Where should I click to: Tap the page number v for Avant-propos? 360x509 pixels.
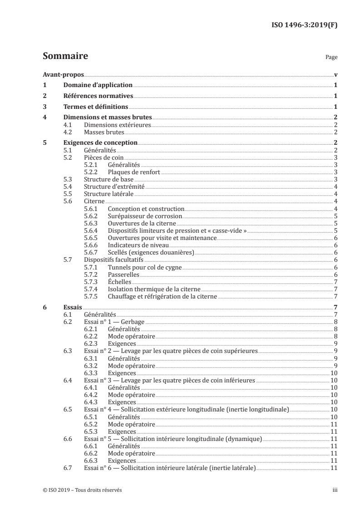[335, 75]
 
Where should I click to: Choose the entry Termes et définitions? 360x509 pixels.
[96, 107]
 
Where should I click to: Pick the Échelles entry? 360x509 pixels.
[120, 282]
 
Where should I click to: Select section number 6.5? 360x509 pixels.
[68, 409]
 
